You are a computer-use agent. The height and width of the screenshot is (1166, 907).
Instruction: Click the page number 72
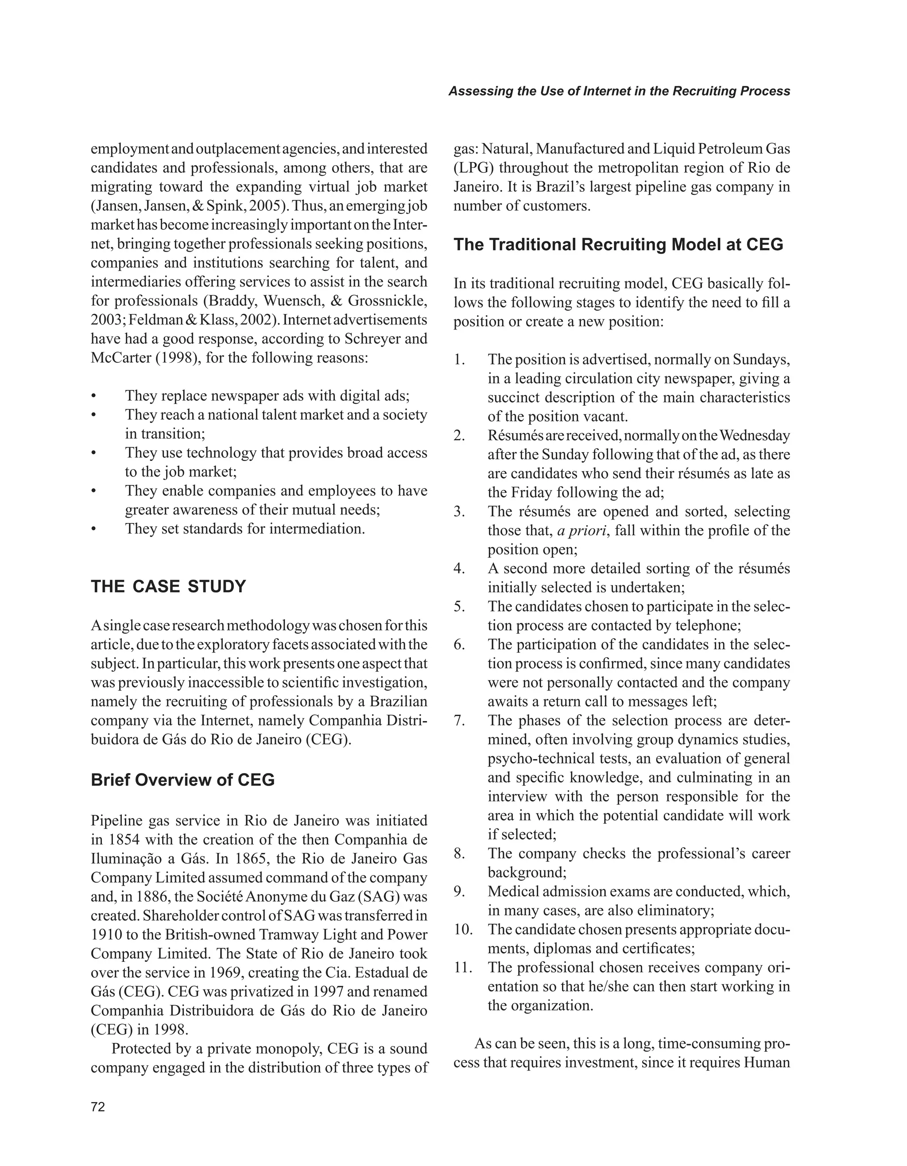pyautogui.click(x=98, y=1107)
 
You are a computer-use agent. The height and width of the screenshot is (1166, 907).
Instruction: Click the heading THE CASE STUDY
pyautogui.click(x=168, y=586)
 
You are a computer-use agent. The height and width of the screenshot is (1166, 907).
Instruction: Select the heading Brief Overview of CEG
pyautogui.click(x=182, y=780)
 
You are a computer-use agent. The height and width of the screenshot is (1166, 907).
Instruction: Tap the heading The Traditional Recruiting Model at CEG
pyautogui.click(x=618, y=244)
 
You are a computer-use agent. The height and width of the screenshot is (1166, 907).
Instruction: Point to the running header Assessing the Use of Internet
pyautogui.click(x=619, y=91)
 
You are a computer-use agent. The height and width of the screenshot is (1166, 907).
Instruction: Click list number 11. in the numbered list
pyautogui.click(x=465, y=968)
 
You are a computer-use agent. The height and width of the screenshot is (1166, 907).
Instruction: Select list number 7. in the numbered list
pyautogui.click(x=460, y=721)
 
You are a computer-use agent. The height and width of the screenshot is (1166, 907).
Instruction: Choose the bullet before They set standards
pyautogui.click(x=94, y=530)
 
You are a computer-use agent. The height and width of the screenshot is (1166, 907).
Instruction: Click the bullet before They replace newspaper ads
pyautogui.click(x=94, y=397)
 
